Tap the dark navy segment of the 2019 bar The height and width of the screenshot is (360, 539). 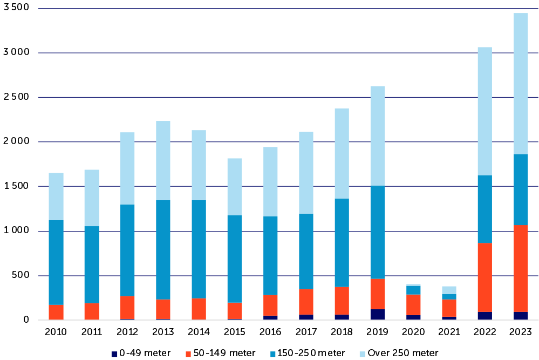377,315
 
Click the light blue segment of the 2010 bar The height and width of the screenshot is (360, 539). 56,196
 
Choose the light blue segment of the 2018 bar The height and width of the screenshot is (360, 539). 342,153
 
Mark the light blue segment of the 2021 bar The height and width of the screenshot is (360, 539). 449,290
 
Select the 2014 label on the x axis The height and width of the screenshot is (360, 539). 199,331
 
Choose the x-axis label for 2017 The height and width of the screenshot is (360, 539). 306,331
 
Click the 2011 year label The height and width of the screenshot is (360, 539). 92,331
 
